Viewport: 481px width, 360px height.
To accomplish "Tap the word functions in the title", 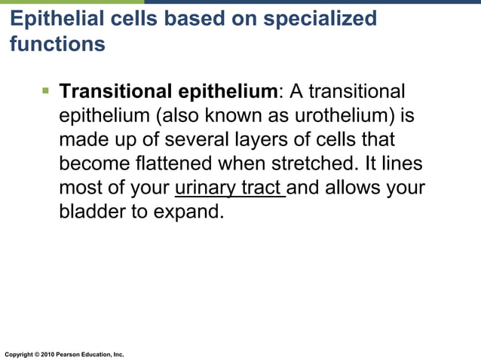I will (57, 44).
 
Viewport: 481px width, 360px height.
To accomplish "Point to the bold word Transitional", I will (115, 92).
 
